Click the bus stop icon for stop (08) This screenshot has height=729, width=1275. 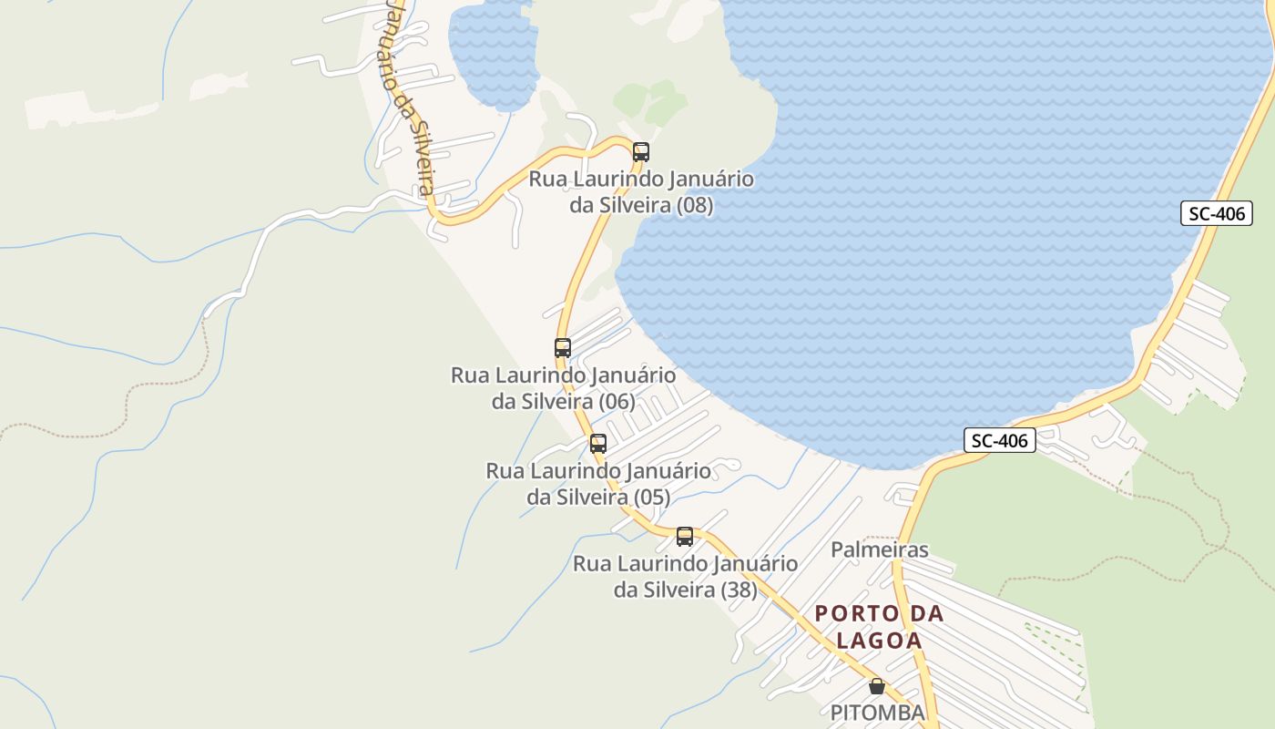[641, 152]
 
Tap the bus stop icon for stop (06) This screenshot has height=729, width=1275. [563, 348]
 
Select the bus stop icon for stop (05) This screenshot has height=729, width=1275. [598, 444]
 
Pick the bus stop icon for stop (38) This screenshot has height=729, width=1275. [685, 537]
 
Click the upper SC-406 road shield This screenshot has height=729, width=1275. [1217, 214]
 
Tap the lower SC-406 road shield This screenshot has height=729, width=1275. [999, 441]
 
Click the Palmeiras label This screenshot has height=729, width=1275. [879, 549]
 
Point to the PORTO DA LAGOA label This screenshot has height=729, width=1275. [879, 626]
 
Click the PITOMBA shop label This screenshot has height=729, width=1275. [877, 713]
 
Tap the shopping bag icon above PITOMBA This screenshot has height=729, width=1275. [877, 686]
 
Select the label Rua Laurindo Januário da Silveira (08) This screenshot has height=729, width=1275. [641, 191]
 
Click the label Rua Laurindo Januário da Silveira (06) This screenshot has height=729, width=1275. [563, 387]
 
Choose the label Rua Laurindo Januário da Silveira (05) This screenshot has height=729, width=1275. [598, 484]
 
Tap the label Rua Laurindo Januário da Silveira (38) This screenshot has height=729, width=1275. [685, 577]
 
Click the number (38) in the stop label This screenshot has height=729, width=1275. [739, 590]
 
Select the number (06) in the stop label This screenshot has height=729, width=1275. [617, 401]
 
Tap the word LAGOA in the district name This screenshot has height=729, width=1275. [879, 641]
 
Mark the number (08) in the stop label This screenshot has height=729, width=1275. [695, 205]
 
